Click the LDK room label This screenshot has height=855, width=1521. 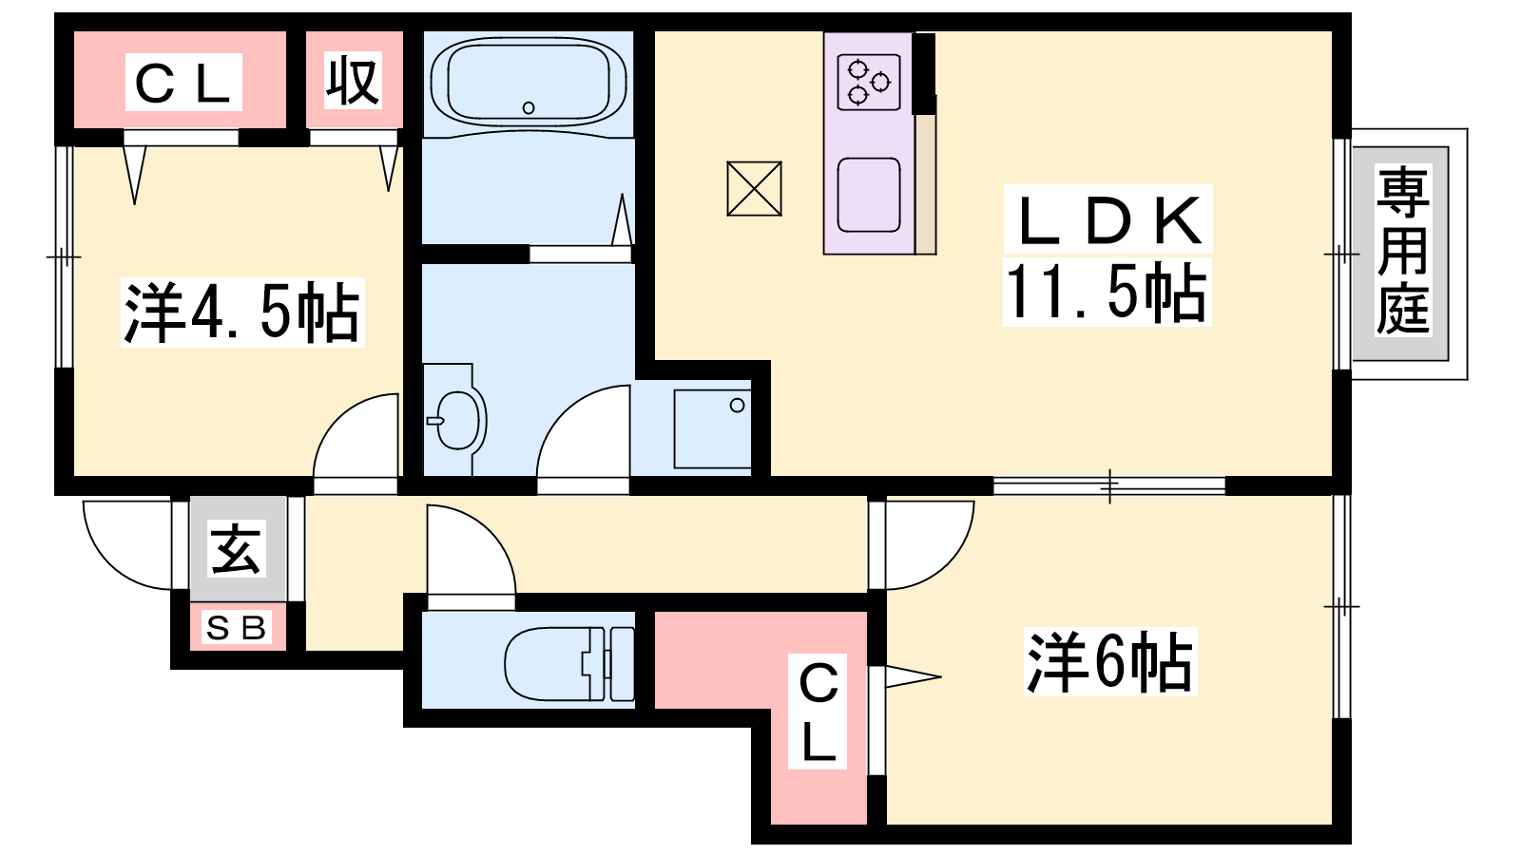(x=1108, y=219)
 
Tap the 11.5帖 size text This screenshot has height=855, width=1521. (x=1107, y=292)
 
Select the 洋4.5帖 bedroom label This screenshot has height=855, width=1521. (x=241, y=313)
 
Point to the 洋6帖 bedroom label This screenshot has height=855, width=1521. (x=1109, y=661)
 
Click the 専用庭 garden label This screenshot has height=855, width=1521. (x=1403, y=251)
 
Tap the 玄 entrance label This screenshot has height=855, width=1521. (x=235, y=550)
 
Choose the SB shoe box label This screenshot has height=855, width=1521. (x=236, y=628)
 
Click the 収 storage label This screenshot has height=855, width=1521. (x=352, y=81)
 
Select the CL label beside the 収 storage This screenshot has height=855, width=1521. (x=183, y=83)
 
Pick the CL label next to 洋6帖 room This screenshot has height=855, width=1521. (x=818, y=712)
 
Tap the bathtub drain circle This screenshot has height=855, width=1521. (x=529, y=107)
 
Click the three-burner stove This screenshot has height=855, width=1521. (x=869, y=82)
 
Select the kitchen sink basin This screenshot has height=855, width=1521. (x=869, y=195)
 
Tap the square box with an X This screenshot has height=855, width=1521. (x=754, y=189)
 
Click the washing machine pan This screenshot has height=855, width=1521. (x=712, y=428)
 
